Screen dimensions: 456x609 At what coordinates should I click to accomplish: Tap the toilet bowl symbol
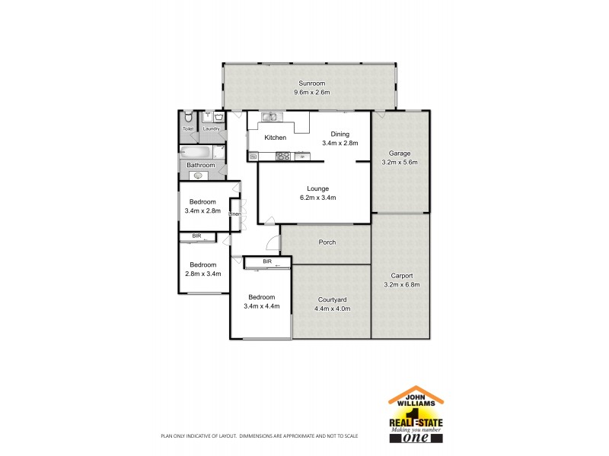click(188, 118)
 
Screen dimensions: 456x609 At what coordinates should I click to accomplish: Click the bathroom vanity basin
click(198, 176)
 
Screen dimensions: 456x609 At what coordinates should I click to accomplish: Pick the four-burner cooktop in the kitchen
click(282, 157)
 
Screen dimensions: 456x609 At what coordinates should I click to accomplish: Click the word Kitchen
click(275, 138)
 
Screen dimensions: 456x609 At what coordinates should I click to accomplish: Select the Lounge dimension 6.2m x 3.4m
click(317, 198)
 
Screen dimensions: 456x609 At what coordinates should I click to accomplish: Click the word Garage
click(400, 154)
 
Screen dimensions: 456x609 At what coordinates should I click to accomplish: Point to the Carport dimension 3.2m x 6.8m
click(400, 285)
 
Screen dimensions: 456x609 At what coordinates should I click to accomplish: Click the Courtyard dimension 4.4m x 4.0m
click(332, 309)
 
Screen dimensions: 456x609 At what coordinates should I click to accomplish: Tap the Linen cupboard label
click(235, 214)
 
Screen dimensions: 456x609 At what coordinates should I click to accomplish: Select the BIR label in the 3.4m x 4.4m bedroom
click(266, 261)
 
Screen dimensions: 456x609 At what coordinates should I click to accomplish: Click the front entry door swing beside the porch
click(273, 244)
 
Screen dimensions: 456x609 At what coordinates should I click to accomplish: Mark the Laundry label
click(211, 129)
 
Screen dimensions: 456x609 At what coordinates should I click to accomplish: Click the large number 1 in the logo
click(416, 415)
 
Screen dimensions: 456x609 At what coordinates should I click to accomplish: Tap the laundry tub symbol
click(218, 118)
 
